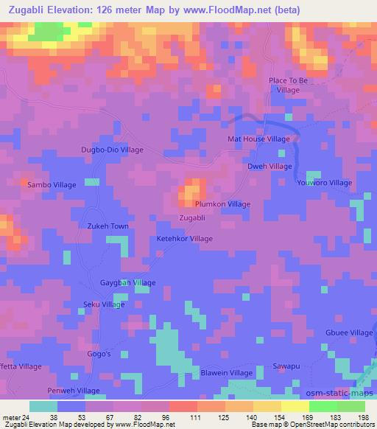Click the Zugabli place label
[197, 217]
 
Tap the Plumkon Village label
[222, 204]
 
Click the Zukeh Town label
[108, 226]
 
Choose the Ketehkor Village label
[184, 239]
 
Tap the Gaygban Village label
[127, 283]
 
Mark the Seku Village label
[103, 304]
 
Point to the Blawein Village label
[227, 373]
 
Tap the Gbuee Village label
[350, 332]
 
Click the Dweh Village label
[269, 167]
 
